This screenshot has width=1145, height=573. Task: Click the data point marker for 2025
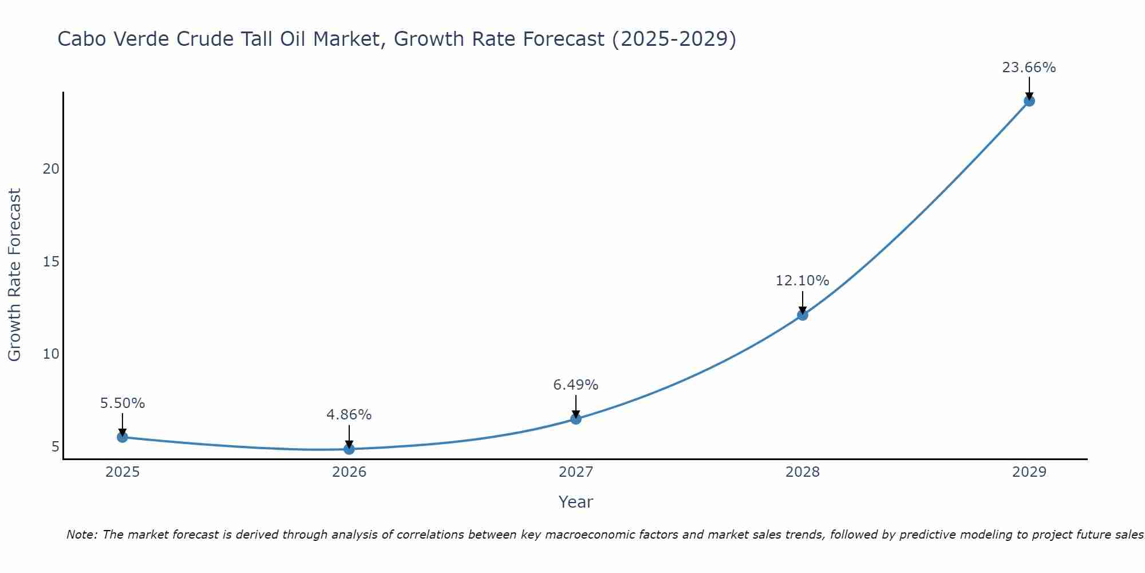click(x=122, y=437)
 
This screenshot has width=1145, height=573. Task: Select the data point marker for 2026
click(x=349, y=449)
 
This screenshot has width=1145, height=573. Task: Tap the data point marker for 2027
click(x=575, y=419)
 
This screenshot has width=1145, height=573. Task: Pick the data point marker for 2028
click(x=802, y=315)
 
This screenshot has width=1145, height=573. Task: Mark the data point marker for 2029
click(x=1029, y=101)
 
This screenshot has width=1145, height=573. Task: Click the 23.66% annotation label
click(x=1029, y=68)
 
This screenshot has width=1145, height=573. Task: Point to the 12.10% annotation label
click(x=802, y=281)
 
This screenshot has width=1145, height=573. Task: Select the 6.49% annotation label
click(x=575, y=385)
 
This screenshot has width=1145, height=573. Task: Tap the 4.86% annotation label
click(x=349, y=415)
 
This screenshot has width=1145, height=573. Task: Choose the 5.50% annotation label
click(x=122, y=403)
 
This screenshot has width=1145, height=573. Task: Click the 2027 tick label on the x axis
click(x=575, y=472)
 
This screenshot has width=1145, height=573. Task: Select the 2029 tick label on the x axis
click(x=1029, y=472)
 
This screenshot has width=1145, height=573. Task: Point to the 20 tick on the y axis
click(x=51, y=169)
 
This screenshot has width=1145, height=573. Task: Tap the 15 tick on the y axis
click(x=51, y=262)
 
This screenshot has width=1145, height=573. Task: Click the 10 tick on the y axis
click(x=51, y=354)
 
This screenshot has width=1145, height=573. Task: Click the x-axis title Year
click(x=575, y=502)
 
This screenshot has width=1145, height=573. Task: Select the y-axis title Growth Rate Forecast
click(x=14, y=274)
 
